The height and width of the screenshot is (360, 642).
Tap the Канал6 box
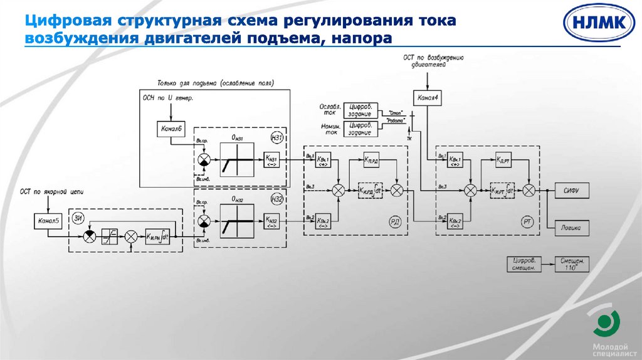point(171,129)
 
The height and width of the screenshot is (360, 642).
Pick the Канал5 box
point(48,220)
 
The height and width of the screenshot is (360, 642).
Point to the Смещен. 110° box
point(572,264)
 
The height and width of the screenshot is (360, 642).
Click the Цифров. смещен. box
point(525,264)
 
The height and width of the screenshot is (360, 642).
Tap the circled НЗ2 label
point(277,199)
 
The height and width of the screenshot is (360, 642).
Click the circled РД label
point(395,221)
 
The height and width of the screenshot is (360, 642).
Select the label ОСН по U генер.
point(169,98)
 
